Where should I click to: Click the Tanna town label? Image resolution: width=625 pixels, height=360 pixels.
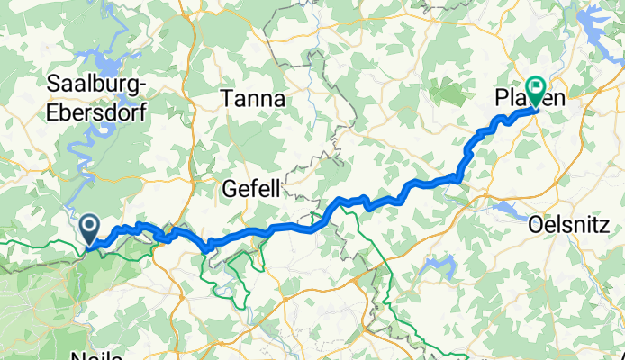pos(255,99)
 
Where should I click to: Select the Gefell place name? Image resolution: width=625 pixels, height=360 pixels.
pos(251,188)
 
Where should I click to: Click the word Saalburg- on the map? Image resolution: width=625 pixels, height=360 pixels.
pos(103,83)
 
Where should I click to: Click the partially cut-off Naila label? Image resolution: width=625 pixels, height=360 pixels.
pos(96,355)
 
